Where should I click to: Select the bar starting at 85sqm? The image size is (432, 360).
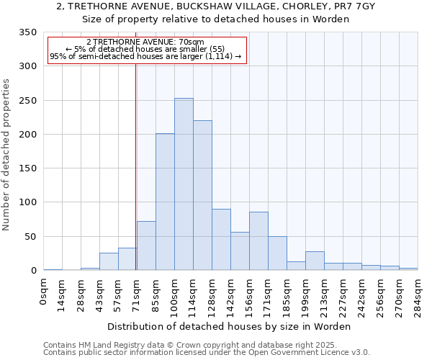(x=165, y=202)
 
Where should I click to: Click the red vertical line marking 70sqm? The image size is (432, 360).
(x=135, y=158)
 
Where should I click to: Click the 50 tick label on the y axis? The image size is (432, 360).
(x=30, y=237)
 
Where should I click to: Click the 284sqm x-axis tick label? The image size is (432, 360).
(x=418, y=294)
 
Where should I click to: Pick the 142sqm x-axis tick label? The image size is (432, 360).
(x=231, y=294)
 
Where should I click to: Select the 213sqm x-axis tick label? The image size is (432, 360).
(x=325, y=294)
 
